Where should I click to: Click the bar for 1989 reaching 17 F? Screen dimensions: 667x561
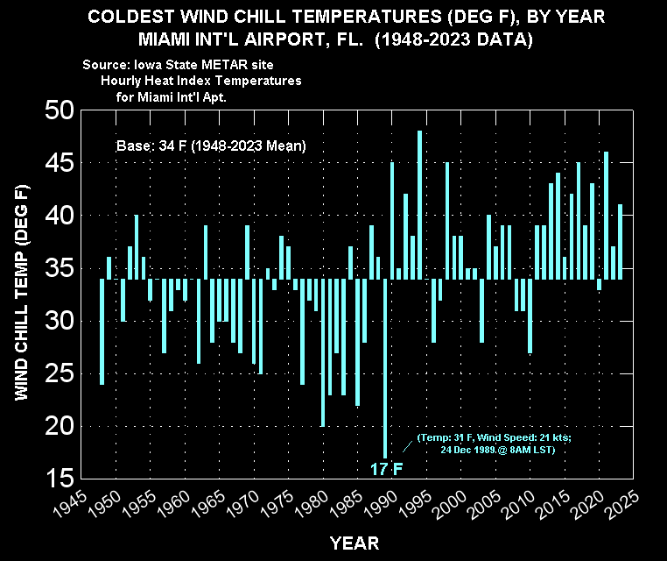coord(385,368)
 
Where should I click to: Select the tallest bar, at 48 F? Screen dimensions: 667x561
coord(419,205)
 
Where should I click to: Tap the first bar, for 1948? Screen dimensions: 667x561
coord(102,332)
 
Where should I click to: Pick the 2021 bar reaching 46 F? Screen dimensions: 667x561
coord(607,216)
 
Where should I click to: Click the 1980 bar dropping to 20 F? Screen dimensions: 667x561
coord(323,352)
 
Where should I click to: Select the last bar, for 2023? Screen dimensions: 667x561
coord(620,242)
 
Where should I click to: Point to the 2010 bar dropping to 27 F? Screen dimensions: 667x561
coord(530,316)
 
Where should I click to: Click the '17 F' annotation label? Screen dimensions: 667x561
coord(386,469)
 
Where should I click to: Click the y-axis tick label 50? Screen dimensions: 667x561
coord(60,110)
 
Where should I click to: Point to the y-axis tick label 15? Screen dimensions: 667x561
coord(60,478)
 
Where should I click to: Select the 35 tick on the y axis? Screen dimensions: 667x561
coord(60,268)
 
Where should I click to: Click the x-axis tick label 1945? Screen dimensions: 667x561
coord(71,505)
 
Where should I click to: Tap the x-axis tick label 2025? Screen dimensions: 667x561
coord(622,505)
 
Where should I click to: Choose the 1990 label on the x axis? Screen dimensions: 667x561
coord(381,505)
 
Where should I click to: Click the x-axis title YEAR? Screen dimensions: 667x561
coord(355,543)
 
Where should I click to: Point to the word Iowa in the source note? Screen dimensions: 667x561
coord(148,65)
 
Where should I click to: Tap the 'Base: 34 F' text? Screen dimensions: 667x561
coord(151,146)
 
